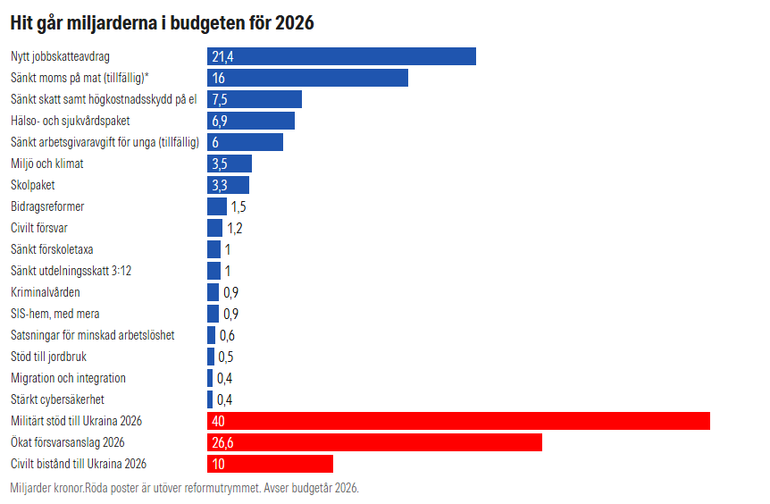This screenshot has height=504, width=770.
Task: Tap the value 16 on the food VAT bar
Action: [x=218, y=79]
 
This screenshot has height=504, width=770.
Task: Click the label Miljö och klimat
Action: [x=47, y=164]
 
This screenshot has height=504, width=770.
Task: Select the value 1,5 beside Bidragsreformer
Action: [x=238, y=206]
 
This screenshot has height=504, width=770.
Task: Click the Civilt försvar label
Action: [x=39, y=228]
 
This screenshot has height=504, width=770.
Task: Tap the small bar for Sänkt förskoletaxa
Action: [x=213, y=249]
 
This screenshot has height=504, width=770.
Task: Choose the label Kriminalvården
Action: [x=46, y=292]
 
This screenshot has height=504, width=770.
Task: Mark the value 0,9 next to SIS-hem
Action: [x=230, y=314]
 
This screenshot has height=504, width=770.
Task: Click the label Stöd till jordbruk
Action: [x=48, y=357]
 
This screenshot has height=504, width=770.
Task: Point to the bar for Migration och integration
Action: [x=210, y=378]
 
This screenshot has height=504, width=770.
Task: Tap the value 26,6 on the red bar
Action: [x=223, y=443]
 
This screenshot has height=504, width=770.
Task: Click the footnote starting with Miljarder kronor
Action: [x=184, y=489]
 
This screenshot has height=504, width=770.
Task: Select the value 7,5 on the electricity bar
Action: [x=221, y=99]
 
